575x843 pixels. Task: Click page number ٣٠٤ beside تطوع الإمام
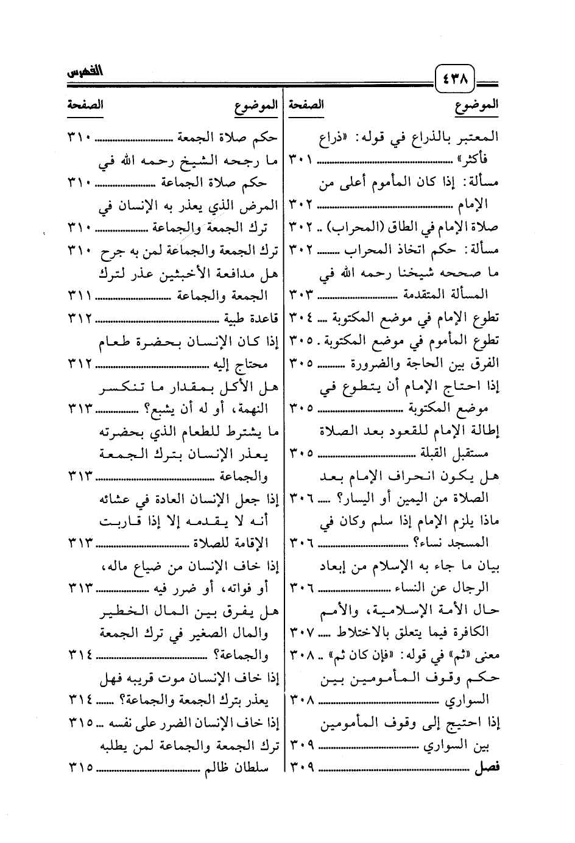pos(301,317)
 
